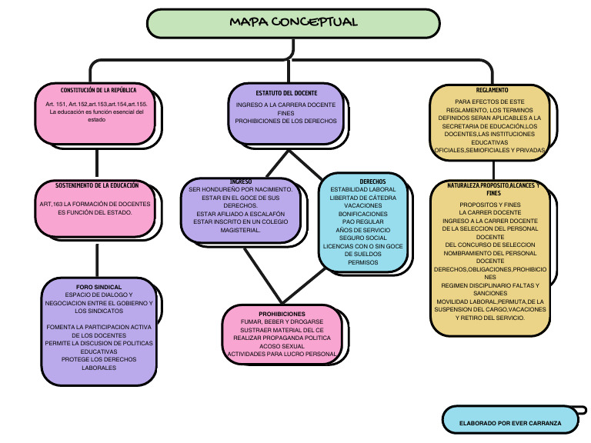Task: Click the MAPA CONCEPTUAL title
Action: (293, 22)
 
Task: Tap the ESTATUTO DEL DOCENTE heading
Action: (285, 93)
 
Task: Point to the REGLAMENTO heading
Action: (492, 89)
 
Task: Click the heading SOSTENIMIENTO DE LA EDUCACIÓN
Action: (97, 185)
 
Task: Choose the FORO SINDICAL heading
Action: (99, 286)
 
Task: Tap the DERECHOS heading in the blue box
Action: (362, 181)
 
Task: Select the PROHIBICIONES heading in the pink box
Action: (282, 314)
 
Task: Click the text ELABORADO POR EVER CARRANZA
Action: (510, 423)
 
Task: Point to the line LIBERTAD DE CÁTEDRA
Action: (362, 198)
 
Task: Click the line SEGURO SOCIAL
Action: (362, 238)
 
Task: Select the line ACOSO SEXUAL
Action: (282, 346)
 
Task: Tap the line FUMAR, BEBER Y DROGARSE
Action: (282, 321)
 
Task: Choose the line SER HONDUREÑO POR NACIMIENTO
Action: (240, 189)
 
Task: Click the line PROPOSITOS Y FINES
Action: (489, 204)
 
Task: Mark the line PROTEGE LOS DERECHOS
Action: (99, 359)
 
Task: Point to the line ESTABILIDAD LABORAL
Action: (362, 189)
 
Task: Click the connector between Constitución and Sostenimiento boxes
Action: (97, 165)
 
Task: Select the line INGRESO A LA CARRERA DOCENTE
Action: (285, 105)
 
